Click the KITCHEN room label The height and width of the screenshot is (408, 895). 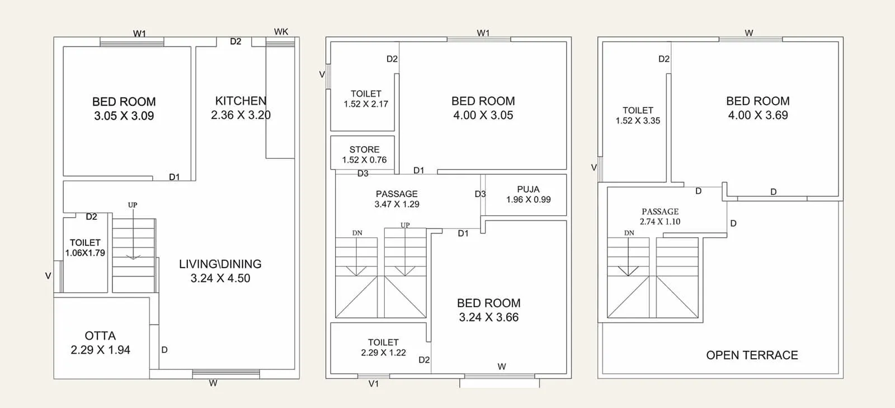(241, 101)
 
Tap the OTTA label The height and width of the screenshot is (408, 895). (100, 336)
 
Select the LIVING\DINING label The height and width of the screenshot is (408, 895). (220, 264)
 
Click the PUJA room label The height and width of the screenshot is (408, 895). (528, 189)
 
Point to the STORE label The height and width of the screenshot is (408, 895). (364, 149)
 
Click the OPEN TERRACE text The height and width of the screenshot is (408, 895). (752, 355)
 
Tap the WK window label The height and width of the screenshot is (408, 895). (281, 31)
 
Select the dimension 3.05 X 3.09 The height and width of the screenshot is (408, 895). (124, 116)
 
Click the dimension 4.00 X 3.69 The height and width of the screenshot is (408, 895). (758, 115)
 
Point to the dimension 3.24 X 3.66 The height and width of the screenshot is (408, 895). (489, 317)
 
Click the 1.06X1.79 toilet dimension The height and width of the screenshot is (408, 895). (85, 253)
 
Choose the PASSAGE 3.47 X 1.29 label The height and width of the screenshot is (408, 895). (397, 199)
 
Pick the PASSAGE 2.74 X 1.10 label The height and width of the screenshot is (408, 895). (660, 217)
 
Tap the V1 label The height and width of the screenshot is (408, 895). (374, 384)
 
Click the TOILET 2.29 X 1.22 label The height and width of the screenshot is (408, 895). (383, 348)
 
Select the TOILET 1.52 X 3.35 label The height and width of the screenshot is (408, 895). (638, 115)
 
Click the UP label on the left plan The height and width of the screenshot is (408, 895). (133, 205)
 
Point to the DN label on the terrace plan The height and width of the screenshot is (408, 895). (629, 233)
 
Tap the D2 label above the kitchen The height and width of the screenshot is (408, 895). (235, 41)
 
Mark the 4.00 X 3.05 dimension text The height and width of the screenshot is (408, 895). (483, 115)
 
